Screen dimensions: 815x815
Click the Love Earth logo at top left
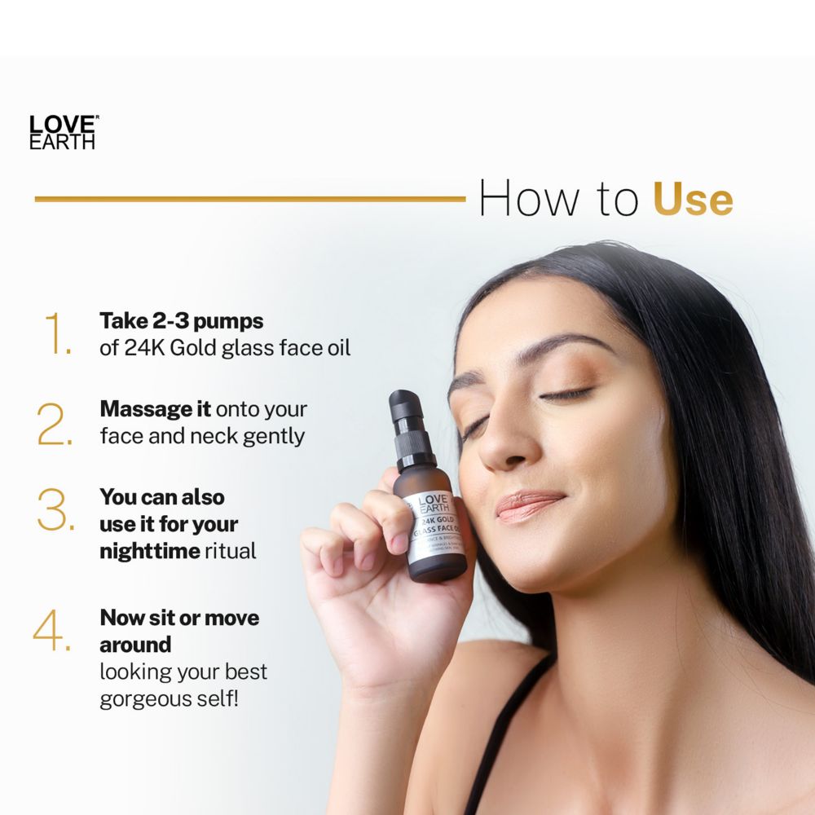coord(63,132)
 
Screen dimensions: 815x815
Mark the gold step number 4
coord(52,631)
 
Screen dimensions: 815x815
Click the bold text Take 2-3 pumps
coord(181,320)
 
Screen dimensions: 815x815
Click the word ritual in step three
coord(231,551)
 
